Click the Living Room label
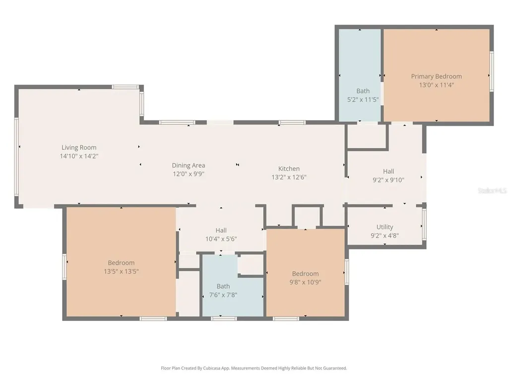pyautogui.click(x=79, y=147)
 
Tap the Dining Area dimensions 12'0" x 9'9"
pyautogui.click(x=188, y=174)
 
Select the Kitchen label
pyautogui.click(x=289, y=169)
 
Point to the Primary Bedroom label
pyautogui.click(x=437, y=76)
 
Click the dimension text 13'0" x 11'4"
pyautogui.click(x=437, y=85)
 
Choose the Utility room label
pyautogui.click(x=385, y=227)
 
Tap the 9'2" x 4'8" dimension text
pyautogui.click(x=385, y=236)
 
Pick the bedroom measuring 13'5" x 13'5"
pyautogui.click(x=121, y=263)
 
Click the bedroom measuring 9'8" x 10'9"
pyautogui.click(x=305, y=273)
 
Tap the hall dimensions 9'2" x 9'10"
pyautogui.click(x=388, y=180)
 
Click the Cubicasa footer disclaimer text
pyautogui.click(x=254, y=368)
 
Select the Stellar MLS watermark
pyautogui.click(x=492, y=190)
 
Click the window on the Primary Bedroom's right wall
pyautogui.click(x=492, y=71)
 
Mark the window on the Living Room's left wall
pyautogui.click(x=16, y=157)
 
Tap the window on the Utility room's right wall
pyautogui.click(x=424, y=224)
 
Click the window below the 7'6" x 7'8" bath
pyautogui.click(x=224, y=319)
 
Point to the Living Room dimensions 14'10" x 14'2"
pyautogui.click(x=79, y=156)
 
